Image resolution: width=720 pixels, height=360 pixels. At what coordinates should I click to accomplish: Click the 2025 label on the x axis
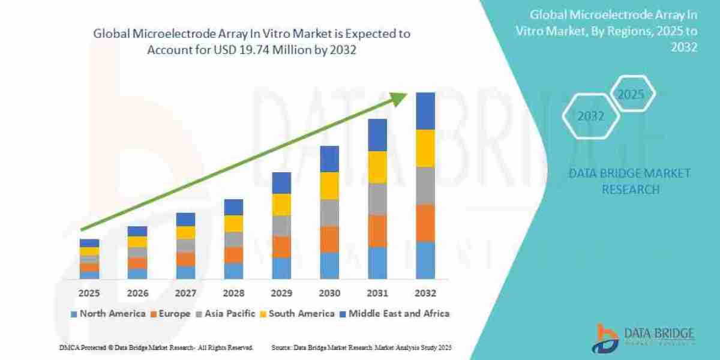point(89,293)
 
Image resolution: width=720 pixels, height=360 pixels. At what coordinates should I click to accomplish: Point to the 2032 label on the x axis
point(425,293)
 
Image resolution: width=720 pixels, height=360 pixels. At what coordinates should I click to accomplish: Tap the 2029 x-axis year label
point(281,293)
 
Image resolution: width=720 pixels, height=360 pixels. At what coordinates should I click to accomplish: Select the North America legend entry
point(108,313)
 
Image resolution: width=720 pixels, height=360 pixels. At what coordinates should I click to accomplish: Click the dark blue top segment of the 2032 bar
point(425,111)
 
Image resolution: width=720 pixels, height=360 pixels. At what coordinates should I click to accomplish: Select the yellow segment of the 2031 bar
point(377,167)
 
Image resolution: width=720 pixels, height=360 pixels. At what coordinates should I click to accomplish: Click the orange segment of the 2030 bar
point(329,239)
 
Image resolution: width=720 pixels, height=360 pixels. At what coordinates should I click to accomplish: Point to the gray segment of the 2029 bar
point(281,226)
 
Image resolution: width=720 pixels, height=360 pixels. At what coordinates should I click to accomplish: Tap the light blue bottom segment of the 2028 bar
point(233,271)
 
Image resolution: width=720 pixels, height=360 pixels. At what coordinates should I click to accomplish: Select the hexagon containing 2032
point(591,116)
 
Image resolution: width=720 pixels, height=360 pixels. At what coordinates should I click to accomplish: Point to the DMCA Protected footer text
point(156,347)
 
